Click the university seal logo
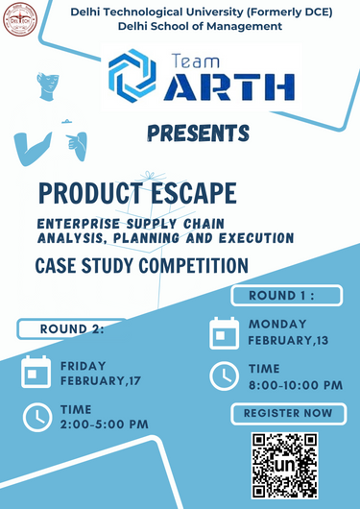tap(19, 19)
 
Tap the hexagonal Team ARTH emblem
tap(132, 76)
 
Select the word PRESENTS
tap(200, 132)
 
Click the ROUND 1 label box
tap(282, 295)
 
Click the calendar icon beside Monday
tap(224, 332)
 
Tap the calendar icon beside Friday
tap(36, 371)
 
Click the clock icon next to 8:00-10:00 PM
tap(224, 376)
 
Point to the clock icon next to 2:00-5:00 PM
tap(36, 416)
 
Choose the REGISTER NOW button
tap(288, 413)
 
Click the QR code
tap(284, 465)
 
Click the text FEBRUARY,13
tap(288, 340)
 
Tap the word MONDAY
tap(278, 324)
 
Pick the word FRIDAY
tap(84, 365)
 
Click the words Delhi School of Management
tap(200, 26)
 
